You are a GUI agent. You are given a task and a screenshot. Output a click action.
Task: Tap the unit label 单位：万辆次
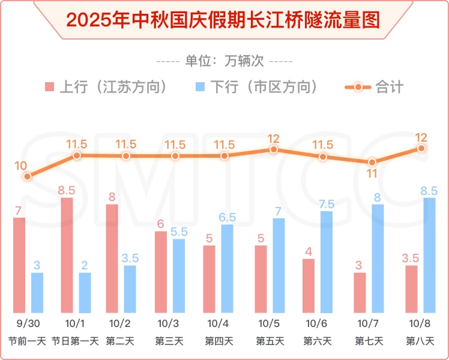(224, 61)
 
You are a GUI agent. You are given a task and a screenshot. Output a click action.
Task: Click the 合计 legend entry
(375, 87)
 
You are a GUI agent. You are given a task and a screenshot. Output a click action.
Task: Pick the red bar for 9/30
(19, 265)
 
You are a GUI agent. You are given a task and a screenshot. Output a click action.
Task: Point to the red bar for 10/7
(360, 292)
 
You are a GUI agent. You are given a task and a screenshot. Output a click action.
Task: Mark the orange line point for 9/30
(28, 176)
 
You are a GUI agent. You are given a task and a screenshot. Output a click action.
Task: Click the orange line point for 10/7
(372, 162)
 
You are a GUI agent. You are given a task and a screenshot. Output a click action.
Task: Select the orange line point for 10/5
(274, 149)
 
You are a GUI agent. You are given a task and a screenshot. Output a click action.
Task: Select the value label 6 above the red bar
(160, 223)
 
